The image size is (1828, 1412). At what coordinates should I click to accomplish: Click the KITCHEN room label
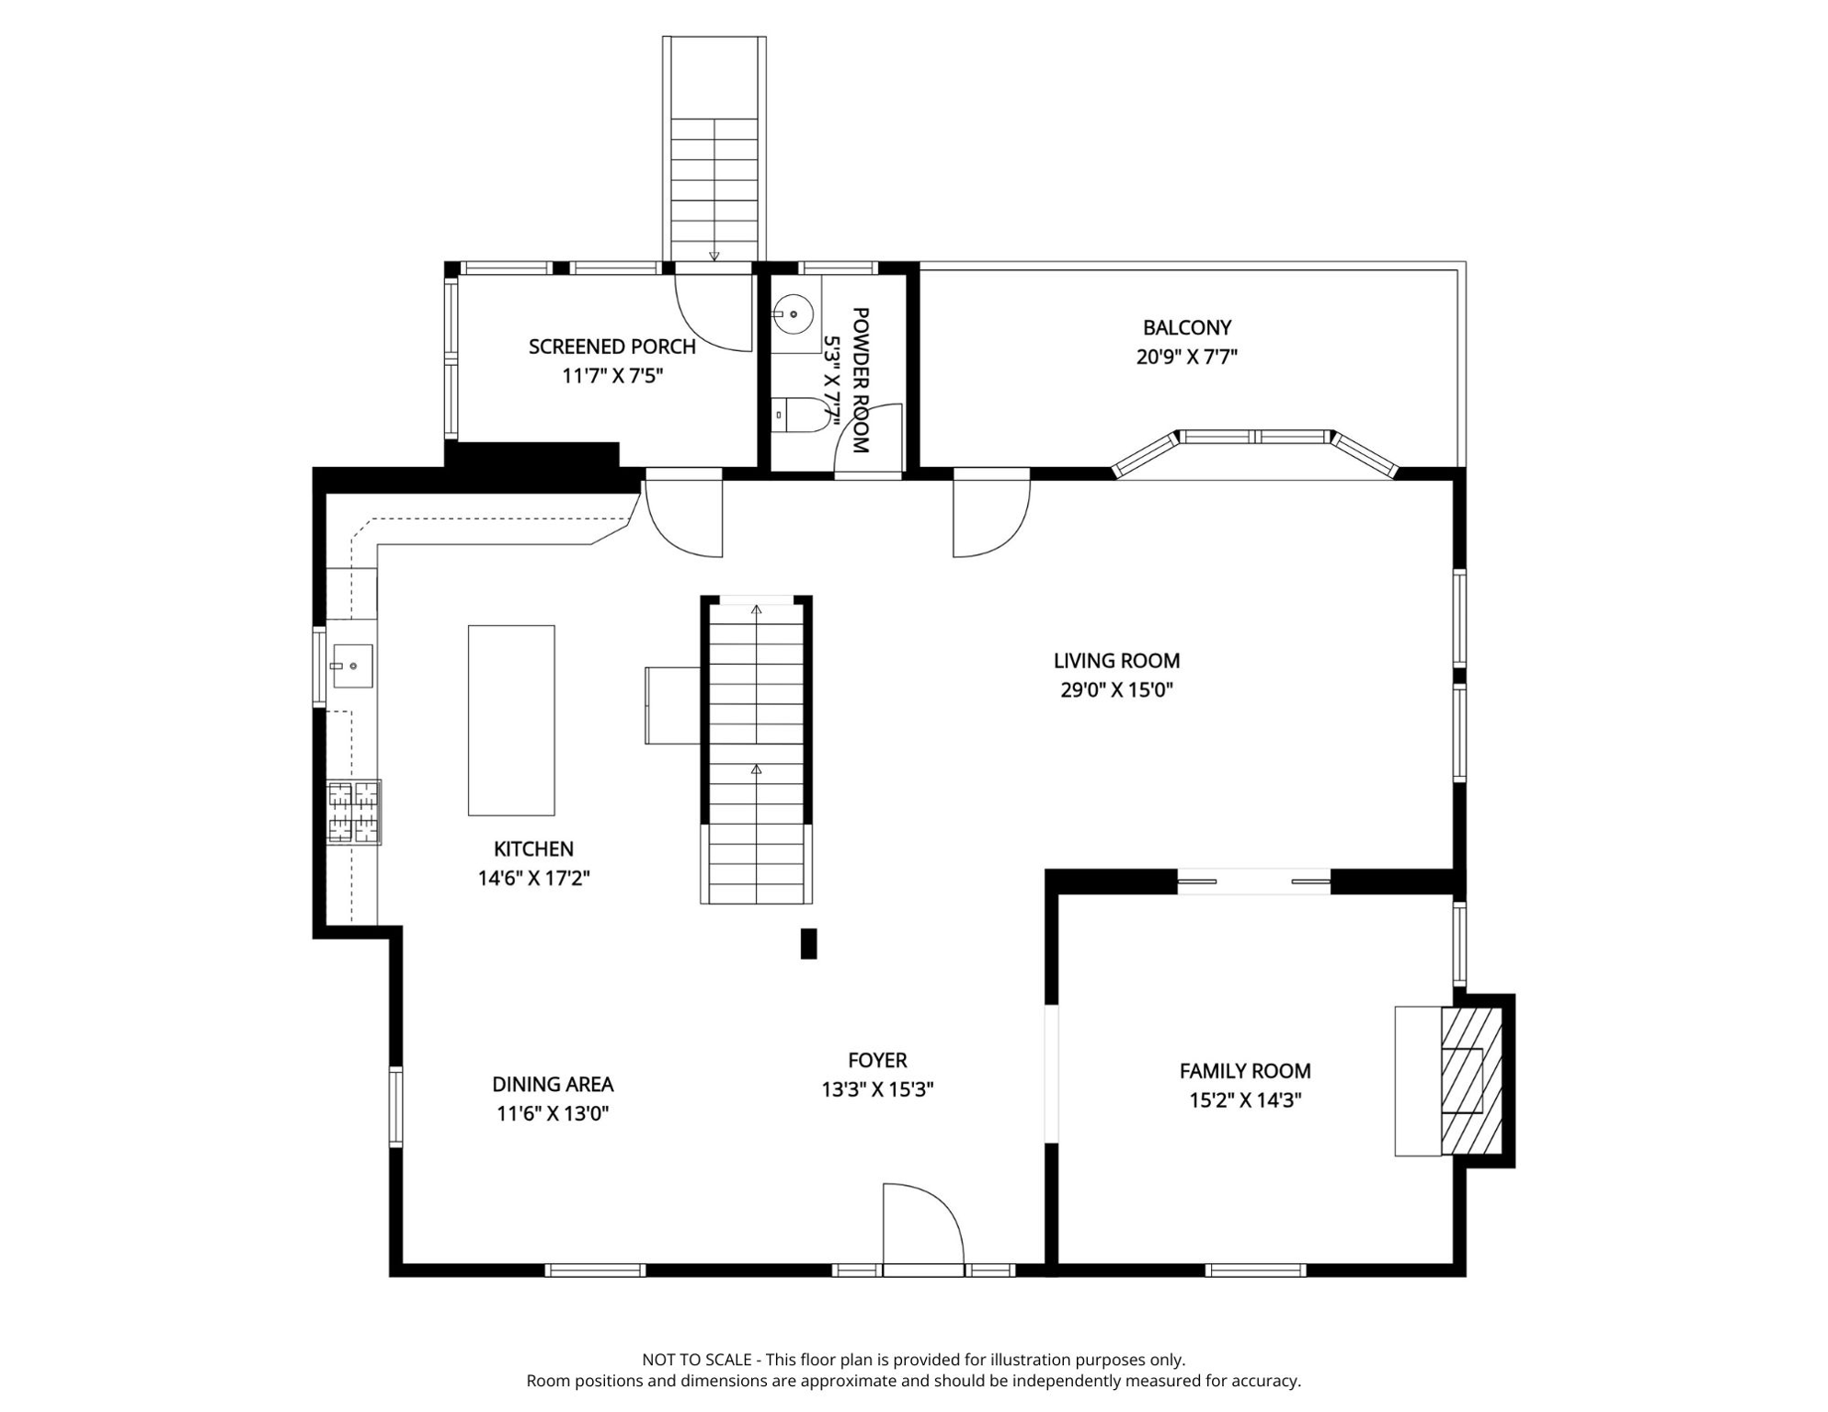point(533,849)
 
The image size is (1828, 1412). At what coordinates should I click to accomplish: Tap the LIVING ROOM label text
point(1116,661)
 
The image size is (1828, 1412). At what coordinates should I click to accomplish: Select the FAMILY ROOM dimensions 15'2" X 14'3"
point(1245,1100)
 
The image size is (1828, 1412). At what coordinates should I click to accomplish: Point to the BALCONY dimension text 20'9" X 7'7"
point(1186,357)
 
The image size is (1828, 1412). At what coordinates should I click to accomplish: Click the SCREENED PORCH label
point(611,347)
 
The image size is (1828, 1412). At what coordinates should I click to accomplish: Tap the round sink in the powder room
point(793,314)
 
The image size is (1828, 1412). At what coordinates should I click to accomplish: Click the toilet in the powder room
point(800,415)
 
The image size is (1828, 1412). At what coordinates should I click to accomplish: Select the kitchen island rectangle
point(511,721)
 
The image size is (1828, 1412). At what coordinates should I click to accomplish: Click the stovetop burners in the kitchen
point(354,813)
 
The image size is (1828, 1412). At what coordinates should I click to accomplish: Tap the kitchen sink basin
point(352,666)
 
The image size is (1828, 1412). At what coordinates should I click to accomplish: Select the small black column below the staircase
point(808,944)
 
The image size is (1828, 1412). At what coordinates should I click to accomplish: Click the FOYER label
point(877,1060)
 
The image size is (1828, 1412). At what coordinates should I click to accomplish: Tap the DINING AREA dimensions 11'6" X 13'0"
point(553,1114)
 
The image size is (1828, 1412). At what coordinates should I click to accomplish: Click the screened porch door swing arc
point(714,313)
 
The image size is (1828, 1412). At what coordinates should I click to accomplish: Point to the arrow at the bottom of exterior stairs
point(714,256)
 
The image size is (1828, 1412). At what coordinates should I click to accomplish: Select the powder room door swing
point(867,438)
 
